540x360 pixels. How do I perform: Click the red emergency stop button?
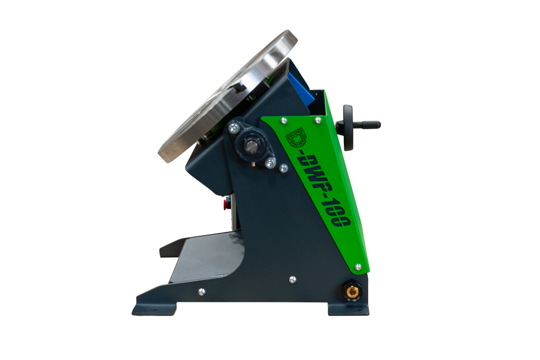226,204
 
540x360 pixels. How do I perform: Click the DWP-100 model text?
324,191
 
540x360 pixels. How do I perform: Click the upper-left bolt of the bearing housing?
234,128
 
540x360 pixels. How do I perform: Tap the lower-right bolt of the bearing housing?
270,164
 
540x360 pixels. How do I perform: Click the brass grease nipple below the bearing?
253,164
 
